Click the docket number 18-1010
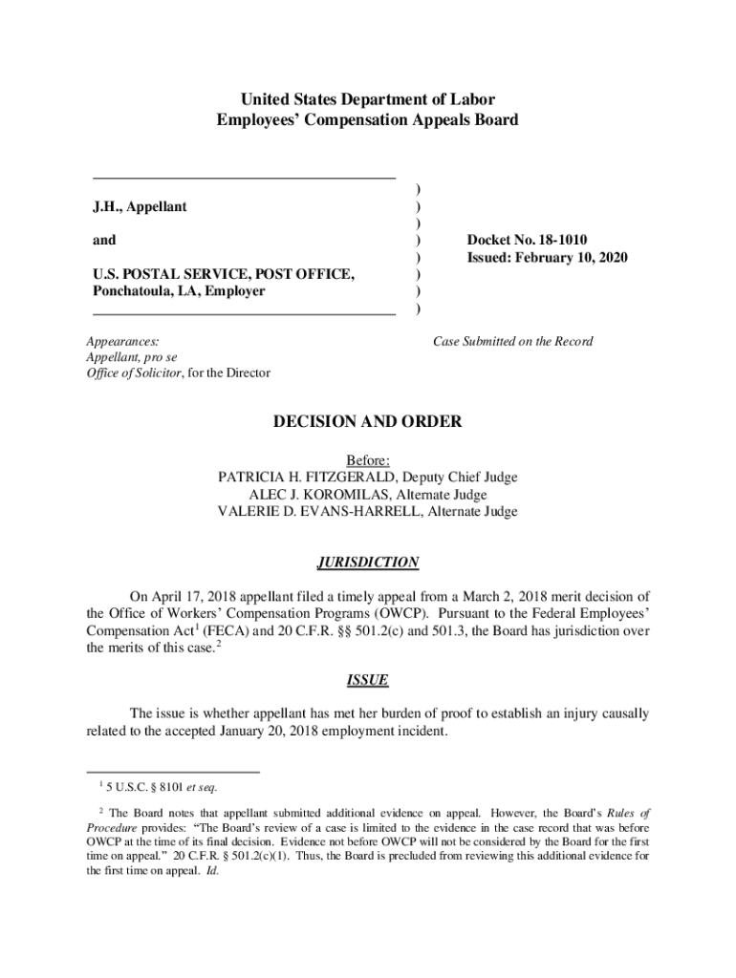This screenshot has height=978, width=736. click(553, 241)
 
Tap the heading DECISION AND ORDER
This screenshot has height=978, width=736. click(367, 421)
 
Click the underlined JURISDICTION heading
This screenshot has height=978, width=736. click(367, 563)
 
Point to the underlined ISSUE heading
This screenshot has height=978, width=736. click(367, 680)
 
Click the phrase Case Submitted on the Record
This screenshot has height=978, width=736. click(512, 342)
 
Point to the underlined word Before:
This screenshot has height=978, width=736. click(368, 460)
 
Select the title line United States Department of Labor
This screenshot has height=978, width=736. click(368, 99)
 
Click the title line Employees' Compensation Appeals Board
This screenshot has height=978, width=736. click(368, 120)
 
